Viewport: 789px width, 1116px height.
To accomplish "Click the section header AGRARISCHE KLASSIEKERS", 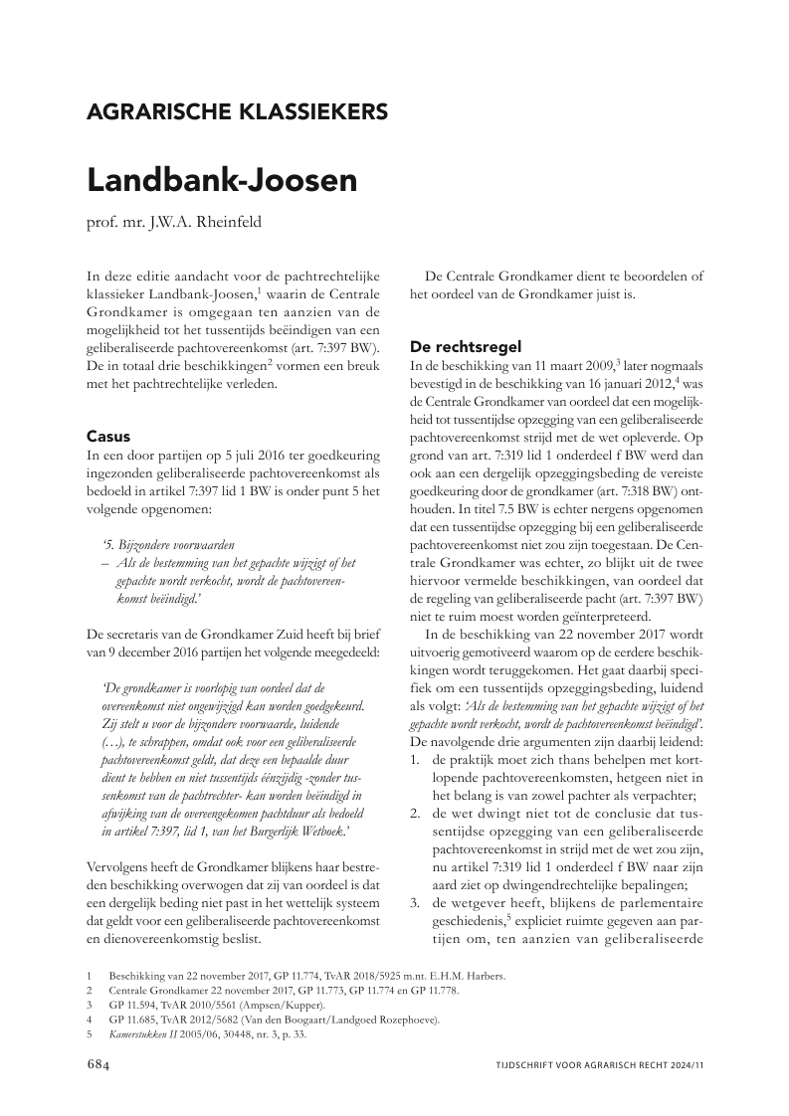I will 237,111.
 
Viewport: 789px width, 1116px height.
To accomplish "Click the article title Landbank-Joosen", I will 222,181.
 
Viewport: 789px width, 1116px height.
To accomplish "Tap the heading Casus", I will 108,436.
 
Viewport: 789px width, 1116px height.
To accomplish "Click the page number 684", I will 101,1064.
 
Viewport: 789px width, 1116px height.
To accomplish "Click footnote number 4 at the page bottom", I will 90,1020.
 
